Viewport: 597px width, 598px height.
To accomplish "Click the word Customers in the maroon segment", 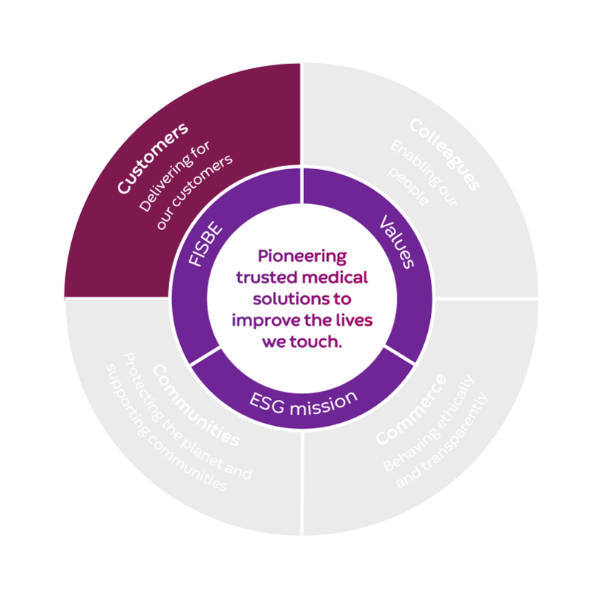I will [x=152, y=158].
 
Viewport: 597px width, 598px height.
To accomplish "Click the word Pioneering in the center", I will [x=302, y=257].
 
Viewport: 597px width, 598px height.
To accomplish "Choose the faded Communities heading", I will [x=196, y=404].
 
